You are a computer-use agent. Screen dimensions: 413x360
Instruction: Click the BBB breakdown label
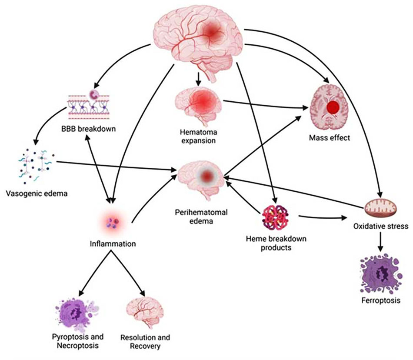pyautogui.click(x=89, y=129)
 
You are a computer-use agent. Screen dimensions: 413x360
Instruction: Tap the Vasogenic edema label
pyautogui.click(x=37, y=193)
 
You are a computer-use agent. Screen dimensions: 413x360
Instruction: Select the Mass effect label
pyautogui.click(x=330, y=138)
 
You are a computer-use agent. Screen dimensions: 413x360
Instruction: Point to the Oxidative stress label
pyautogui.click(x=381, y=226)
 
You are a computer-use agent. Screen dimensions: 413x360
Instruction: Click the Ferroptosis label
pyautogui.click(x=381, y=300)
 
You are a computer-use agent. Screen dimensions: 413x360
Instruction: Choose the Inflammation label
pyautogui.click(x=113, y=244)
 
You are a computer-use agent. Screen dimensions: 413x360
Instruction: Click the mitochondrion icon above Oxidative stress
pyautogui.click(x=380, y=207)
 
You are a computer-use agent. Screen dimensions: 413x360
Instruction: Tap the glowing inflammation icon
pyautogui.click(x=114, y=223)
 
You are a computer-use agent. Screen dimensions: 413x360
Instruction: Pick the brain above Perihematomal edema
pyautogui.click(x=201, y=179)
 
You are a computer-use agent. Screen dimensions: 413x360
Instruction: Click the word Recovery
pyautogui.click(x=145, y=346)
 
